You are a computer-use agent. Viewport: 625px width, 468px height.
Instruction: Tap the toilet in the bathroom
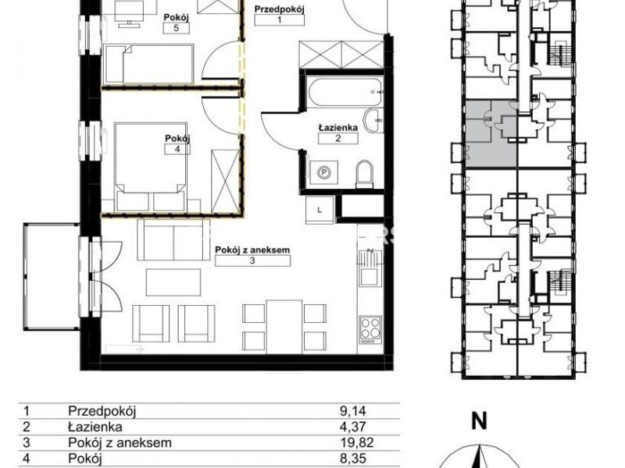pyautogui.click(x=365, y=174)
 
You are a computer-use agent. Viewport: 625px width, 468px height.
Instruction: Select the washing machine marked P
pyautogui.click(x=324, y=172)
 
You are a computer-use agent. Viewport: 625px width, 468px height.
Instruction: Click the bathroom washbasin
pyautogui.click(x=373, y=120)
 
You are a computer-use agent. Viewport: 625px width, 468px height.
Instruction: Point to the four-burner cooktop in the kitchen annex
pyautogui.click(x=370, y=329)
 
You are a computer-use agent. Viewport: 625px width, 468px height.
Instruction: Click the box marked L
pyautogui.click(x=320, y=210)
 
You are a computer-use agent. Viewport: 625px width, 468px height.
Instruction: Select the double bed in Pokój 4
pyautogui.click(x=151, y=167)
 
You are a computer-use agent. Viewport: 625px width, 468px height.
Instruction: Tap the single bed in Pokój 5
pyautogui.click(x=148, y=64)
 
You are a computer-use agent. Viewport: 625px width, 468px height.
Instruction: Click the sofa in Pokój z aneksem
pyautogui.click(x=173, y=240)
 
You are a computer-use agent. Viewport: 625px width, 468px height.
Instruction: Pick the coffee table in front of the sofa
pyautogui.click(x=173, y=282)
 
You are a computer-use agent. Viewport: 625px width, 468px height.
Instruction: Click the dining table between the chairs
pyautogui.click(x=284, y=326)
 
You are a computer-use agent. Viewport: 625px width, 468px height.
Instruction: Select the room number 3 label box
pyautogui.click(x=252, y=261)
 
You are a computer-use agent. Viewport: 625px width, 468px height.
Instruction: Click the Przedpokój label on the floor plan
pyautogui.click(x=279, y=9)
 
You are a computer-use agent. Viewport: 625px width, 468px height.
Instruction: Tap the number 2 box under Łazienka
pyautogui.click(x=338, y=139)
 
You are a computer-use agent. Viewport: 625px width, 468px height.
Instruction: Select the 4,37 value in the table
pyautogui.click(x=353, y=427)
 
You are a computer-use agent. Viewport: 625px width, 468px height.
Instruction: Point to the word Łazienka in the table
pyautogui.click(x=95, y=427)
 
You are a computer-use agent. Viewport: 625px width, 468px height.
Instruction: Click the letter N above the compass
pyautogui.click(x=480, y=420)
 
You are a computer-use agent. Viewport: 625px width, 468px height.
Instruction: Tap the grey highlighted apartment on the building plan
pyautogui.click(x=491, y=133)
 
